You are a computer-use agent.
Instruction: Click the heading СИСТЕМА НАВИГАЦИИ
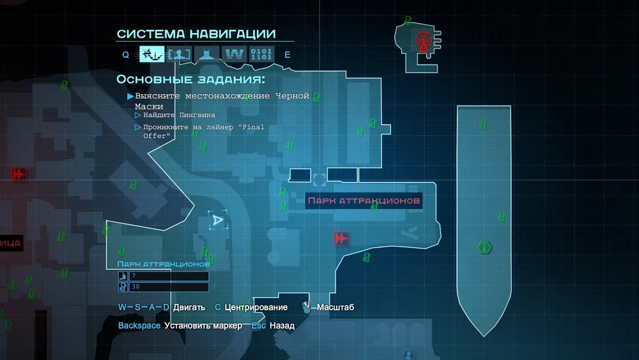(196, 34)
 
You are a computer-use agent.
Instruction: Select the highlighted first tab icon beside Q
(151, 54)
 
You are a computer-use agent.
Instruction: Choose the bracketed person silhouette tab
(179, 54)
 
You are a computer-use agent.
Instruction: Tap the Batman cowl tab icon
(206, 54)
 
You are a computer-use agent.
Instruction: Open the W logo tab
(234, 54)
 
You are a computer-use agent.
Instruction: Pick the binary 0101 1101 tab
(261, 54)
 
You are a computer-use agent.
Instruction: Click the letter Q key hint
(126, 55)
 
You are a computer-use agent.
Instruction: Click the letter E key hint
(287, 55)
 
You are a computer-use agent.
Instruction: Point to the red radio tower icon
(422, 42)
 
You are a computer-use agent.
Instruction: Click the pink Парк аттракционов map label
(364, 201)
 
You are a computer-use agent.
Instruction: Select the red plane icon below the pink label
(342, 239)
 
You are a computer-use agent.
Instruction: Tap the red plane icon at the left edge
(19, 174)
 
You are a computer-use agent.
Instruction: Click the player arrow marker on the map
(217, 221)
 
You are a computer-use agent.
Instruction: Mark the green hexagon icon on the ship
(484, 247)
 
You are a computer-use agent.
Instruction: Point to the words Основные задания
(190, 79)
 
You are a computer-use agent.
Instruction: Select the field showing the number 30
(169, 287)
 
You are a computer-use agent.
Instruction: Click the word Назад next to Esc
(282, 325)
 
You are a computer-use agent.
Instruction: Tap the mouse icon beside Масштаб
(306, 307)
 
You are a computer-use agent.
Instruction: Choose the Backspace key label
(139, 325)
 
